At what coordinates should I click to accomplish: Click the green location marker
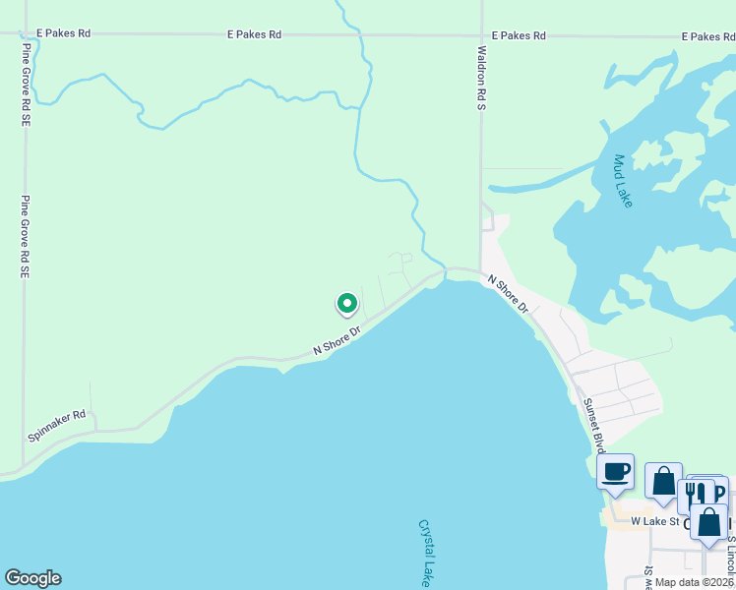pos(346,304)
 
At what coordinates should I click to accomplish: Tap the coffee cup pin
pos(616,471)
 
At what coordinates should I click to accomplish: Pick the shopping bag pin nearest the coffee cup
pos(664,481)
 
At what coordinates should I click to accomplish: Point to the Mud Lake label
pos(623,180)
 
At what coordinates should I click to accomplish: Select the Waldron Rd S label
pos(481,77)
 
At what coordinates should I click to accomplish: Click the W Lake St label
pos(655,521)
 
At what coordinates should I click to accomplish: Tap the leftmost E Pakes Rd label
pos(63,33)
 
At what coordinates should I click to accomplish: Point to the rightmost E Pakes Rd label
pos(708,36)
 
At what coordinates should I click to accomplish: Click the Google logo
pos(32,578)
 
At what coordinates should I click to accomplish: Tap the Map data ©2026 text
pos(695,582)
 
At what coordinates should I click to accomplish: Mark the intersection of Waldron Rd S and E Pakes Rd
pos(481,34)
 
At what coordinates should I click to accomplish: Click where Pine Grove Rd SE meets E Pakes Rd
pos(25,33)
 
